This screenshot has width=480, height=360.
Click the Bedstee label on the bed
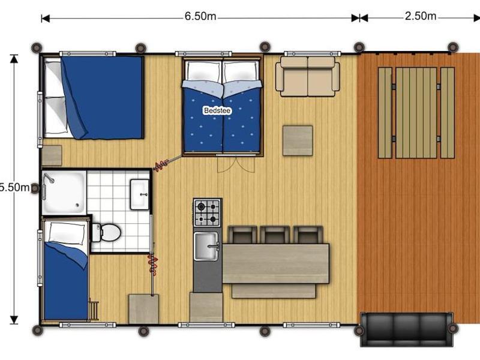point(217,110)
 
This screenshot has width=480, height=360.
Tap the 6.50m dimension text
point(200,16)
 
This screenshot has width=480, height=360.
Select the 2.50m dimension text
point(421,16)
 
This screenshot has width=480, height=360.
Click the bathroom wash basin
point(140,194)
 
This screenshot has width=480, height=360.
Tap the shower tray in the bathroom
point(64,192)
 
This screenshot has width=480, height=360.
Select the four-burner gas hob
point(207,213)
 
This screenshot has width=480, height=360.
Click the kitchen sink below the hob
point(206,246)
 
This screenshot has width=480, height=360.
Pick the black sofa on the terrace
point(407,329)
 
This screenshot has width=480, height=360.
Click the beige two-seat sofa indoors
point(307,76)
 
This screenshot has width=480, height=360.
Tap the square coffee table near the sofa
point(298,140)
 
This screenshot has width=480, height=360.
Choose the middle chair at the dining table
point(275,235)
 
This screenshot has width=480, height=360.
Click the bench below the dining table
point(274,291)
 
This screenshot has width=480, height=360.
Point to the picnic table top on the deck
point(416,113)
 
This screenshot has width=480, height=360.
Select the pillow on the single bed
point(67,233)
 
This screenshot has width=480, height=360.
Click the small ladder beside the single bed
point(94,310)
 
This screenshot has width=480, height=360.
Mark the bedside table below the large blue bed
point(52,155)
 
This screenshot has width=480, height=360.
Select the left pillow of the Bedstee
point(204,71)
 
